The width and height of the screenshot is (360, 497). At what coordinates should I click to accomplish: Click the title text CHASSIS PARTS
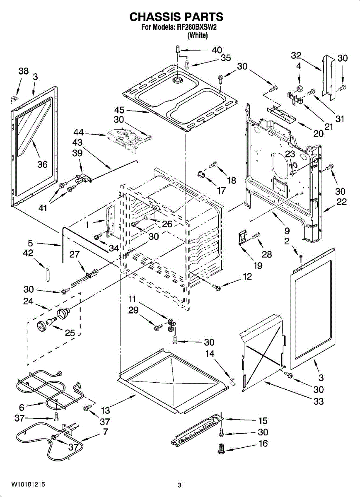[x=176, y=17]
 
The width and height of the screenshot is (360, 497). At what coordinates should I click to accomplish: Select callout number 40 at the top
[x=217, y=50]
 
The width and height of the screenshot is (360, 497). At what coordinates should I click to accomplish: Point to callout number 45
[x=119, y=110]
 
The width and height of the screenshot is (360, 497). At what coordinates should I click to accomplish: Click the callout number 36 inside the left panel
[x=43, y=164]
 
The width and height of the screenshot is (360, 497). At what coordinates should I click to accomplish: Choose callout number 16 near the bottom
[x=263, y=444]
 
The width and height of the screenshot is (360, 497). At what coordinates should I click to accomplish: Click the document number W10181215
[x=28, y=485]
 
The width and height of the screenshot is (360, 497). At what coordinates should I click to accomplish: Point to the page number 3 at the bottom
[x=180, y=485]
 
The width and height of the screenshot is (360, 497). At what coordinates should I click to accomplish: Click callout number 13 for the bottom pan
[x=106, y=410]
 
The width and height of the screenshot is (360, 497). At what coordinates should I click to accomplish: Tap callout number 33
[x=319, y=401]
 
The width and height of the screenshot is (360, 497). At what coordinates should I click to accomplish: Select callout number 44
[x=79, y=132]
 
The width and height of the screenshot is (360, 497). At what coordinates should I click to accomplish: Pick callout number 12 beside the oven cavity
[x=247, y=277]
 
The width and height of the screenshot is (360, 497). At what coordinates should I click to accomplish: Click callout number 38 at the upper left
[x=24, y=71]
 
